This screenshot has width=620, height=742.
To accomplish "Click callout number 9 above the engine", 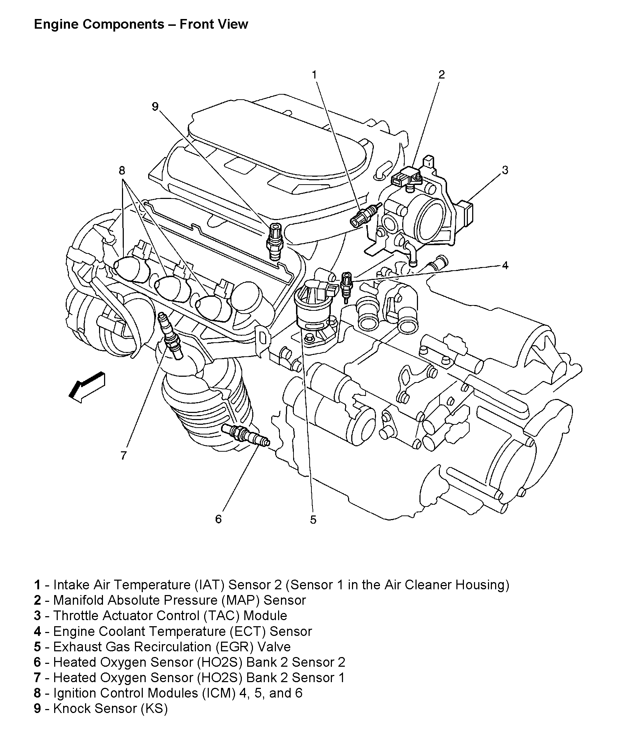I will click(x=155, y=107).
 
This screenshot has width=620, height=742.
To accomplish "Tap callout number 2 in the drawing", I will click(x=441, y=75).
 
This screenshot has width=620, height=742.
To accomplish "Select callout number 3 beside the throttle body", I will click(x=505, y=170).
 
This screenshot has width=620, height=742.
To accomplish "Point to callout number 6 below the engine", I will click(x=219, y=519).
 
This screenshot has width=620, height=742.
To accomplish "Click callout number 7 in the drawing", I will click(x=123, y=456).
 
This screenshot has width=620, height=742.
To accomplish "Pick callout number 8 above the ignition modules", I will click(x=122, y=170).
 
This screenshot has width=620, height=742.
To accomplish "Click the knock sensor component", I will click(x=275, y=241).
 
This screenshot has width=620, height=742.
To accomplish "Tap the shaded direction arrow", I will click(x=87, y=387).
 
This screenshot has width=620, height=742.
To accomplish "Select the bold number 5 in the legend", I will click(x=37, y=647).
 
